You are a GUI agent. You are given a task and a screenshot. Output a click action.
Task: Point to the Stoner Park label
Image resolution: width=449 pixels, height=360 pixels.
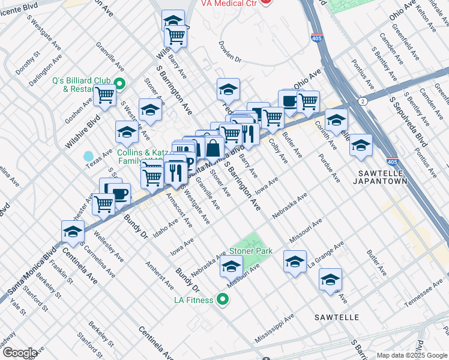pos(255,251)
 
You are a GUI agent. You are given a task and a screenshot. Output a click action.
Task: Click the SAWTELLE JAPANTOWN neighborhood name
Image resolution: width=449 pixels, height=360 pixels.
pos(382,176)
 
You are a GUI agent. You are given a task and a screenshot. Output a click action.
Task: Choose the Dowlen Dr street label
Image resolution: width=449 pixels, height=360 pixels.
pos(229,52)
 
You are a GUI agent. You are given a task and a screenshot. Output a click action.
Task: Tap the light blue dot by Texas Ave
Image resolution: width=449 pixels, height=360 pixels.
pos(89,156)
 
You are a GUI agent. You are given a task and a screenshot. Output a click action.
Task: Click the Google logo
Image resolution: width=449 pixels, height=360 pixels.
pos(19,352)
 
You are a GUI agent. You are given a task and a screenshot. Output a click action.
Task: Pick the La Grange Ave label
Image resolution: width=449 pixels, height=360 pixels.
pos(325,254)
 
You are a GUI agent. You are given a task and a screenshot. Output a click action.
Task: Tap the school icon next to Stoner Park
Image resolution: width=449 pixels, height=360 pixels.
pos(231,266)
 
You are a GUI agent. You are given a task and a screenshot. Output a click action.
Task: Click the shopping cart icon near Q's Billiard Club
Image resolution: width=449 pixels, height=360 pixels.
pos(105,94)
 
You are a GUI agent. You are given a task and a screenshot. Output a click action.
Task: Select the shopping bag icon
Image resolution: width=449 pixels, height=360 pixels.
pos(213,147)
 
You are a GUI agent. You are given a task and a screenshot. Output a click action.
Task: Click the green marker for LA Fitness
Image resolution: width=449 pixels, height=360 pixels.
pos(223,298)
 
